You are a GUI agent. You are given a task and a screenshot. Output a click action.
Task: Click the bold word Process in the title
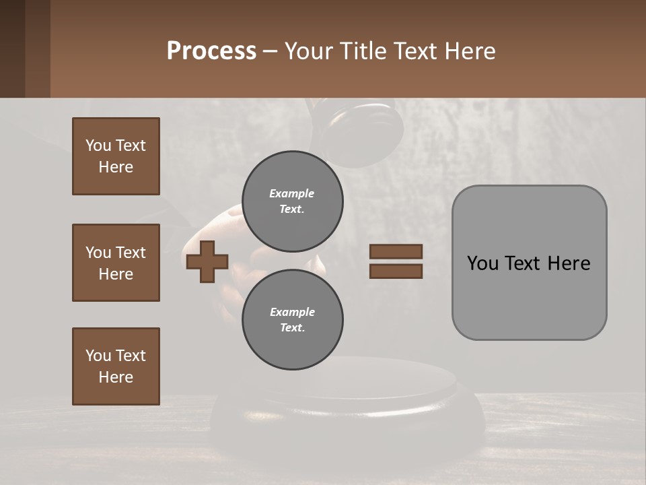(211, 51)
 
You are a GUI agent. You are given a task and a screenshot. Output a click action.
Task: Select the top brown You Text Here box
(116, 156)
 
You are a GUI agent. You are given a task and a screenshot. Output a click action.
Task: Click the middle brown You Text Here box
(116, 263)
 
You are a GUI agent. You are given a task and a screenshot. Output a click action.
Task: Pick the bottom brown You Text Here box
(116, 366)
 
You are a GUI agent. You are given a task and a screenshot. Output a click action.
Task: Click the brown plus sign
(207, 261)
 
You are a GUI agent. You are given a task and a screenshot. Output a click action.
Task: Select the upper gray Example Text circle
(292, 201)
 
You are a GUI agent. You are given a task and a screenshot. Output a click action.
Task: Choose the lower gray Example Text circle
(292, 320)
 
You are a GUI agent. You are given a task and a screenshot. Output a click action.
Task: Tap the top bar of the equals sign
(396, 252)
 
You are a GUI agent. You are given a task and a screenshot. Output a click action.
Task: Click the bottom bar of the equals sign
(396, 271)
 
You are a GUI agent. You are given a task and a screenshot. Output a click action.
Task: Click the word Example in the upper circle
(292, 193)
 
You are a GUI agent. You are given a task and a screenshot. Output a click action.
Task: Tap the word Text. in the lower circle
(292, 328)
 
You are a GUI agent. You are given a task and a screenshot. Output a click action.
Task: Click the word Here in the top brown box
(116, 167)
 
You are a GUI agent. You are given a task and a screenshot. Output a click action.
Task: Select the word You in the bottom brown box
(98, 356)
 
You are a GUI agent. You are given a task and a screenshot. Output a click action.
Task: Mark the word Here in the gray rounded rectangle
(569, 263)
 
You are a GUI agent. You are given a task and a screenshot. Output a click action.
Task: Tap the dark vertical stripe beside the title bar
(13, 48)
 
